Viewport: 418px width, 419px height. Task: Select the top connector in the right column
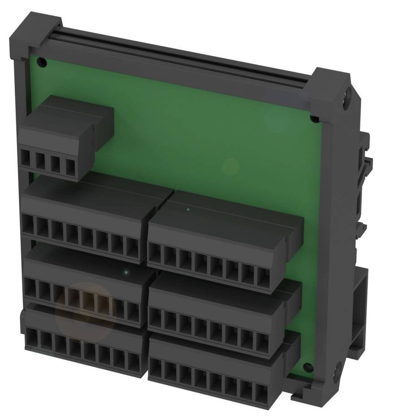(x=220, y=243)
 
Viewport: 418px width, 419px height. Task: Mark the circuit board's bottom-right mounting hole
(x=307, y=367)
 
